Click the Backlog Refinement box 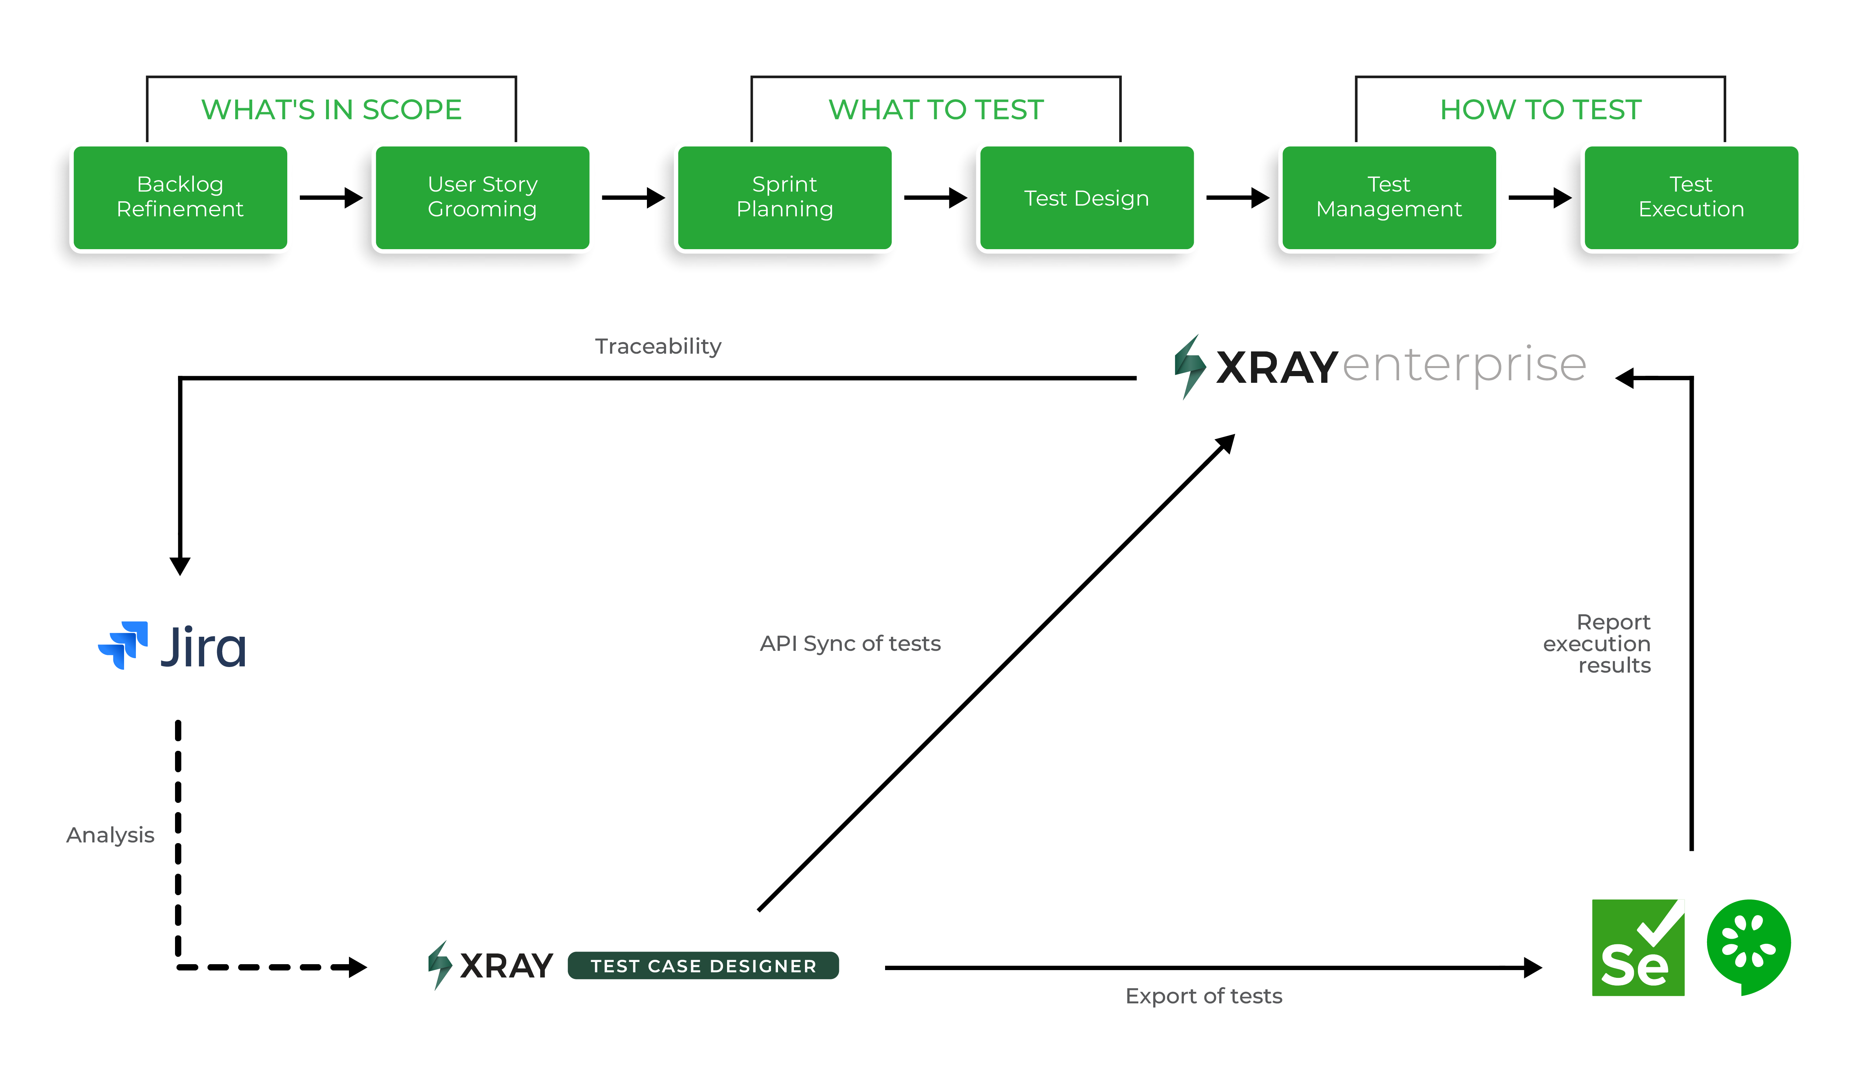tap(180, 197)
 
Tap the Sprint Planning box tap(784, 197)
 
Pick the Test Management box tap(1389, 197)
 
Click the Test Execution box tap(1691, 197)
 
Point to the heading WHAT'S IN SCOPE tap(331, 110)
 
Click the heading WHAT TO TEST tap(936, 110)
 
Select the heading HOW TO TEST tap(1541, 110)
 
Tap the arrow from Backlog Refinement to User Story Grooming tap(331, 197)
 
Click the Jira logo tap(173, 646)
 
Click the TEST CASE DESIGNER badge tap(703, 965)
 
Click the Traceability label tap(658, 346)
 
